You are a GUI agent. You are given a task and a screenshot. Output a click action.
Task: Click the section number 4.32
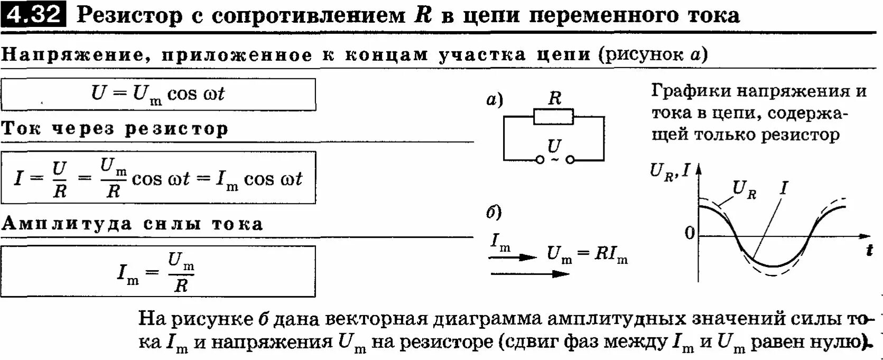(33, 14)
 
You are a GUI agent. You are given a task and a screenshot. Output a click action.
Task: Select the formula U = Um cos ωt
(157, 94)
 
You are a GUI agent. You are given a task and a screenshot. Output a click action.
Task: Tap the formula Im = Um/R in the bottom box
(156, 272)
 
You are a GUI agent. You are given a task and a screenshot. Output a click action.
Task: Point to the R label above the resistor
(554, 98)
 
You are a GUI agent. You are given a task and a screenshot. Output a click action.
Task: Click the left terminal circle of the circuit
(540, 160)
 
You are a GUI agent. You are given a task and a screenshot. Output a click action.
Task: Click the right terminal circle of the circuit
(570, 160)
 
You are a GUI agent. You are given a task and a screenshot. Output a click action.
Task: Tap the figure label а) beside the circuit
(495, 99)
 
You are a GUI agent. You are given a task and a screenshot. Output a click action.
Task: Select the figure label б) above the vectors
(494, 212)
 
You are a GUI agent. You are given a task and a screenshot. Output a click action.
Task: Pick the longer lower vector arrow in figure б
(530, 274)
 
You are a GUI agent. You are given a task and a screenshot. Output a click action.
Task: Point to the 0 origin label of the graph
(690, 233)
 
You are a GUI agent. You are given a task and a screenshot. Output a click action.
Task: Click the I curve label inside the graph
(784, 187)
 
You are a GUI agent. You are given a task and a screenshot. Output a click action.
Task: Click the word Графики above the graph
(689, 91)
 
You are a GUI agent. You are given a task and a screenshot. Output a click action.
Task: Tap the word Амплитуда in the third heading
(66, 224)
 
